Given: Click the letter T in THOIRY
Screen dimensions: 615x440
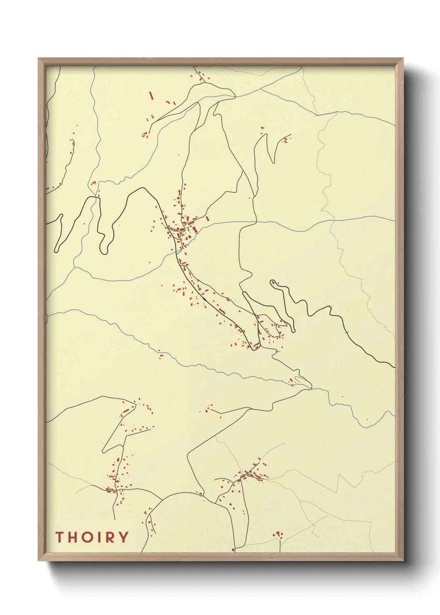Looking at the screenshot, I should click(x=59, y=537).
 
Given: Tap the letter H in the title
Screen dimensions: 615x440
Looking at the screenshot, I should click(x=73, y=537).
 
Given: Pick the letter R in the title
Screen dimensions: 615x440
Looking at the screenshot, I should click(x=108, y=537).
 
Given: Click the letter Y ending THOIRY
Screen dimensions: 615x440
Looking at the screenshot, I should click(x=122, y=537).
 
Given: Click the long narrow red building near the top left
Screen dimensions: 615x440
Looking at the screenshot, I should click(x=151, y=96).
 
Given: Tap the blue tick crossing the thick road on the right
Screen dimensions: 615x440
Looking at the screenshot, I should click(x=346, y=332).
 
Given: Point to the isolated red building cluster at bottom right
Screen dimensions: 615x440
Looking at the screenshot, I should click(x=278, y=534).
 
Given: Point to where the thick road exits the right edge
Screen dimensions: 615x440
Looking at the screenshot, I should click(x=393, y=367).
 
